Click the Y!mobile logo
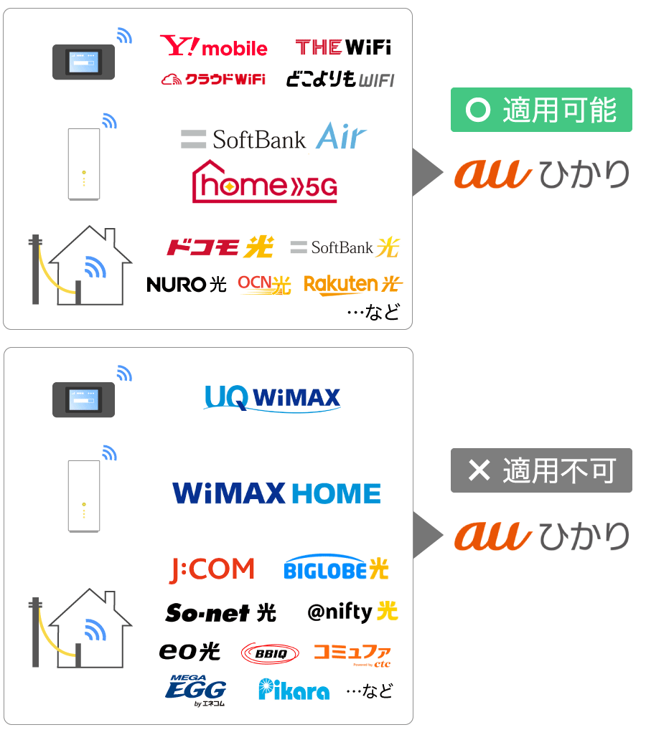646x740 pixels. tap(213, 47)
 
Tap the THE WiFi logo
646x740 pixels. tap(343, 48)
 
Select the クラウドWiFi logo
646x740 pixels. tap(213, 79)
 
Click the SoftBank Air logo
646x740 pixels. tap(273, 138)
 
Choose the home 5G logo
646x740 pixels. tap(265, 183)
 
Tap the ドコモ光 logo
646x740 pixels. tap(220, 248)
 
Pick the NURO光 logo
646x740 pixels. tap(186, 285)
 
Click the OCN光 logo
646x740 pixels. tap(264, 285)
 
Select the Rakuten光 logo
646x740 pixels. tap(352, 285)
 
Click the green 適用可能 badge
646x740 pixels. tap(541, 110)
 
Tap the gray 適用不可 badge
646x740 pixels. tap(541, 470)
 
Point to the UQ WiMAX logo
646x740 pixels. tap(272, 398)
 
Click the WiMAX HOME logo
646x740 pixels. tap(276, 493)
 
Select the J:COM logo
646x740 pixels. tap(212, 570)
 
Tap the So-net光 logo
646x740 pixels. tap(220, 612)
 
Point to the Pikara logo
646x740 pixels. tap(294, 690)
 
